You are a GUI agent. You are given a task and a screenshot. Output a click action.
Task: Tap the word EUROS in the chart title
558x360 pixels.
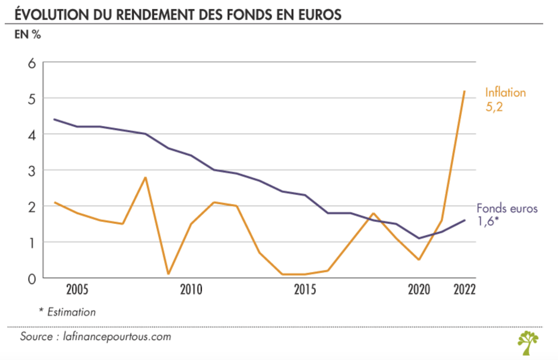click(x=319, y=14)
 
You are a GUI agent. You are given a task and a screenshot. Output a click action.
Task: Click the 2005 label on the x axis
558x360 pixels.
click(x=77, y=290)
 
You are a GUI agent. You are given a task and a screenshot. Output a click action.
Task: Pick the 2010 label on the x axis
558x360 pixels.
click(x=190, y=290)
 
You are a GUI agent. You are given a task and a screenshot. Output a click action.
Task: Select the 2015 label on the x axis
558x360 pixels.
click(x=304, y=290)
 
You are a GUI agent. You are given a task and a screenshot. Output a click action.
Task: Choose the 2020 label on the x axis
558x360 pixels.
click(x=418, y=290)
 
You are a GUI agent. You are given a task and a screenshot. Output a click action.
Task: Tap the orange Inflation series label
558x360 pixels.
click(x=505, y=93)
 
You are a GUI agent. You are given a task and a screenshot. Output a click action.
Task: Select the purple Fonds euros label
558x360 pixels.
click(x=507, y=208)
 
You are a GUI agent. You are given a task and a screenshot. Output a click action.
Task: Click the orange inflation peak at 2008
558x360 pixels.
click(x=145, y=178)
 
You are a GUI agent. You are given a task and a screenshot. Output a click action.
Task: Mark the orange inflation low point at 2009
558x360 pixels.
click(x=168, y=274)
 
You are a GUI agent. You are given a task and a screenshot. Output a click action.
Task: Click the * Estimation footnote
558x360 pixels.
click(x=67, y=312)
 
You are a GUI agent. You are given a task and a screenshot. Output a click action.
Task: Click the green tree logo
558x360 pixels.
click(x=528, y=342)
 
